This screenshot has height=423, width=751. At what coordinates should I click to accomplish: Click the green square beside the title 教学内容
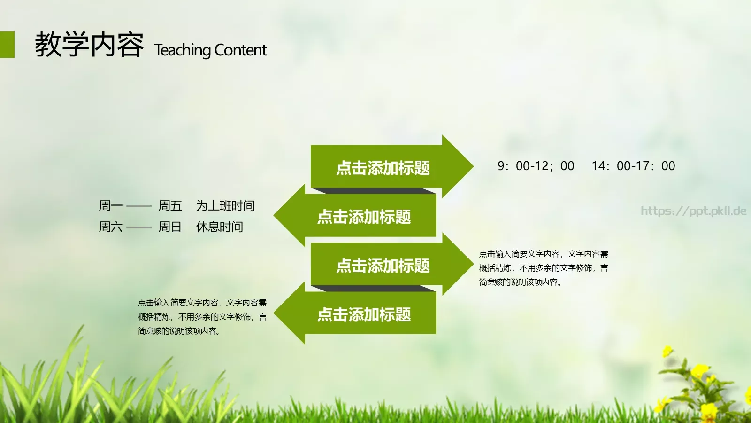(x=7, y=45)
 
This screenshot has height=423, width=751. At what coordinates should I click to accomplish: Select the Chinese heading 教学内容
(x=89, y=45)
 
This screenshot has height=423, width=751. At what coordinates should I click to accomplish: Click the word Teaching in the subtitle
(x=183, y=50)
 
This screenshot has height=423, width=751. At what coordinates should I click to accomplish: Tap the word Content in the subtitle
(x=240, y=50)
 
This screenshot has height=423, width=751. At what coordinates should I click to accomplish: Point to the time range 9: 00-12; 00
(x=536, y=166)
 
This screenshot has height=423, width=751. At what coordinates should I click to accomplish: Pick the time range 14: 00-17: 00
(x=633, y=166)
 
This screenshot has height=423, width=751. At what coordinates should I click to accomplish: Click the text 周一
(x=110, y=206)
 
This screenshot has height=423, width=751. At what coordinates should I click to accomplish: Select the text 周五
(x=170, y=206)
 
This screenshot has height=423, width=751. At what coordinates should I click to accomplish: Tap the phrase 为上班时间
(x=225, y=206)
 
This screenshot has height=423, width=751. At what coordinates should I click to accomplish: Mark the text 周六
(x=110, y=227)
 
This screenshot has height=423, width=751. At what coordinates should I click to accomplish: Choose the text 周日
(x=170, y=227)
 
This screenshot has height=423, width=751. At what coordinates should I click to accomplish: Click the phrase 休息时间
(x=220, y=227)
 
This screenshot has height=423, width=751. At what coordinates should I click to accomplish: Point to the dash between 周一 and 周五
(x=139, y=206)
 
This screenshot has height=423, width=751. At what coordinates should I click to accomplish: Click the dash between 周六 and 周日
(x=139, y=227)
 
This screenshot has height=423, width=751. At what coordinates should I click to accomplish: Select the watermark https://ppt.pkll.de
(x=693, y=211)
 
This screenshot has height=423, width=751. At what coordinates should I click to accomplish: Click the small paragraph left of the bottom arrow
(x=202, y=317)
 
